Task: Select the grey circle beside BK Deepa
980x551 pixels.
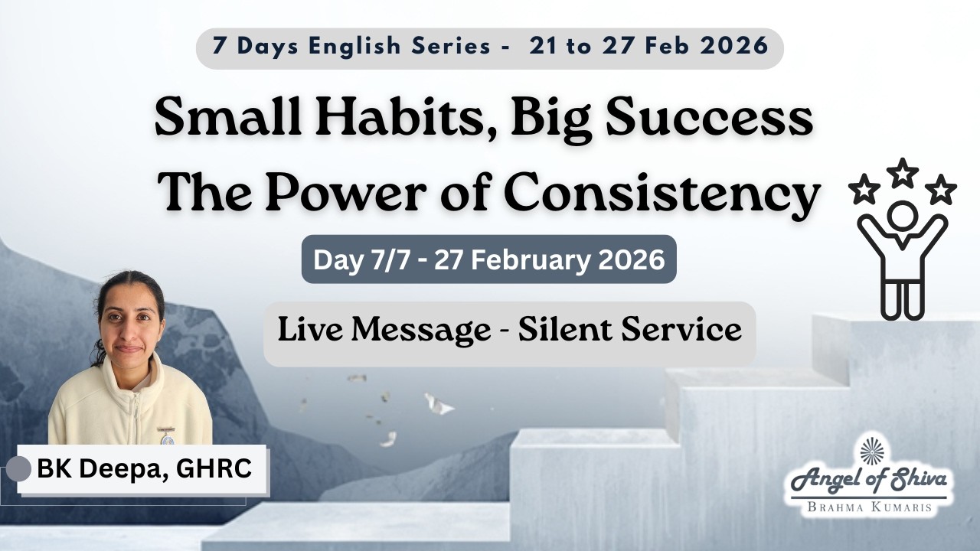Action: (18, 469)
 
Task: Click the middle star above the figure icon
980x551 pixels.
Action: (903, 172)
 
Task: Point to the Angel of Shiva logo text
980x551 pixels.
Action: (868, 481)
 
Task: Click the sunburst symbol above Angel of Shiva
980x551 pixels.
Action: (871, 450)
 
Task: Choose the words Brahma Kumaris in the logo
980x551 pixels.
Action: (867, 507)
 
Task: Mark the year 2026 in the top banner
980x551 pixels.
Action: (734, 46)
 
